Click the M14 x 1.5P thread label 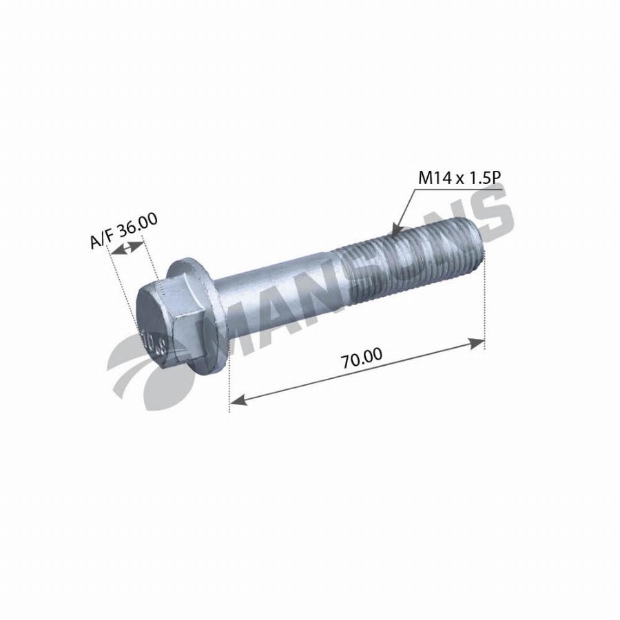459,178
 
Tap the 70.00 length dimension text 362,358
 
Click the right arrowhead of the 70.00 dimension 477,343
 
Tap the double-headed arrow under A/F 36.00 127,248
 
